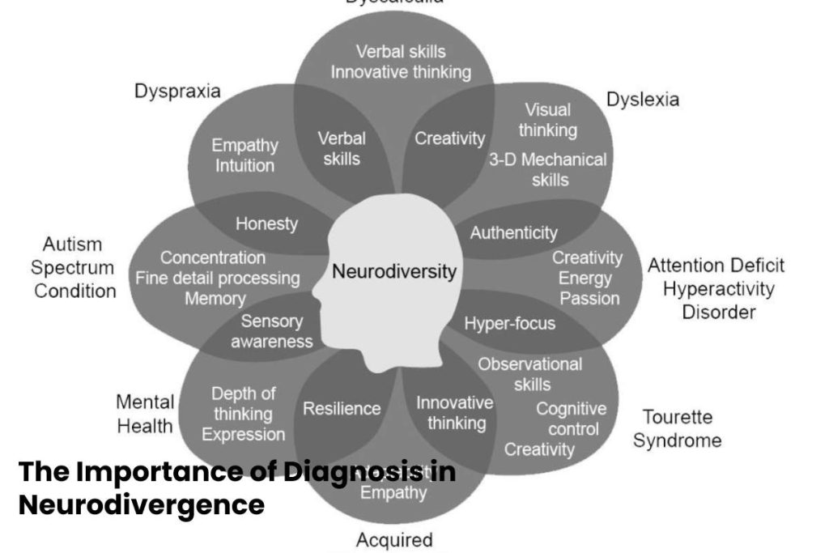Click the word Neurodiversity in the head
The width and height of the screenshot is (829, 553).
point(394,271)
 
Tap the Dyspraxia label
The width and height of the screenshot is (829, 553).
point(177,91)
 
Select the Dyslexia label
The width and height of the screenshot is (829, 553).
point(643,100)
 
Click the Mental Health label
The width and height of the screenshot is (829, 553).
point(145,414)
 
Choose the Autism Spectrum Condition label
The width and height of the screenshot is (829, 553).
point(74,267)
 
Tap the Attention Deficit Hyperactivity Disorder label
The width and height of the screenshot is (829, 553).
point(716,288)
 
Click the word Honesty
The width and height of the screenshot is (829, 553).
point(266,223)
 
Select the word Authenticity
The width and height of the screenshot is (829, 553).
point(514,233)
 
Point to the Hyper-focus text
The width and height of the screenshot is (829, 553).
point(510,324)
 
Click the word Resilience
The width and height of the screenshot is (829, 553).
point(342,409)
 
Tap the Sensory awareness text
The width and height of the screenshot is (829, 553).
point(272,331)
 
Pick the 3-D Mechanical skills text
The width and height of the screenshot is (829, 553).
point(548,169)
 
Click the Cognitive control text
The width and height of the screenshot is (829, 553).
point(572,419)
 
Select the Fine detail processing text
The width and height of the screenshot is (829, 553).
point(218,279)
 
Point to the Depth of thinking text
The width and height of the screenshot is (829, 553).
point(243,403)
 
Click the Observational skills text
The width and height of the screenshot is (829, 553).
point(530,374)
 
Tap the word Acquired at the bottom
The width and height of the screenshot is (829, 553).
point(394,540)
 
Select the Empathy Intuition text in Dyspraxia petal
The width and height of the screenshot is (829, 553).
point(244,155)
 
